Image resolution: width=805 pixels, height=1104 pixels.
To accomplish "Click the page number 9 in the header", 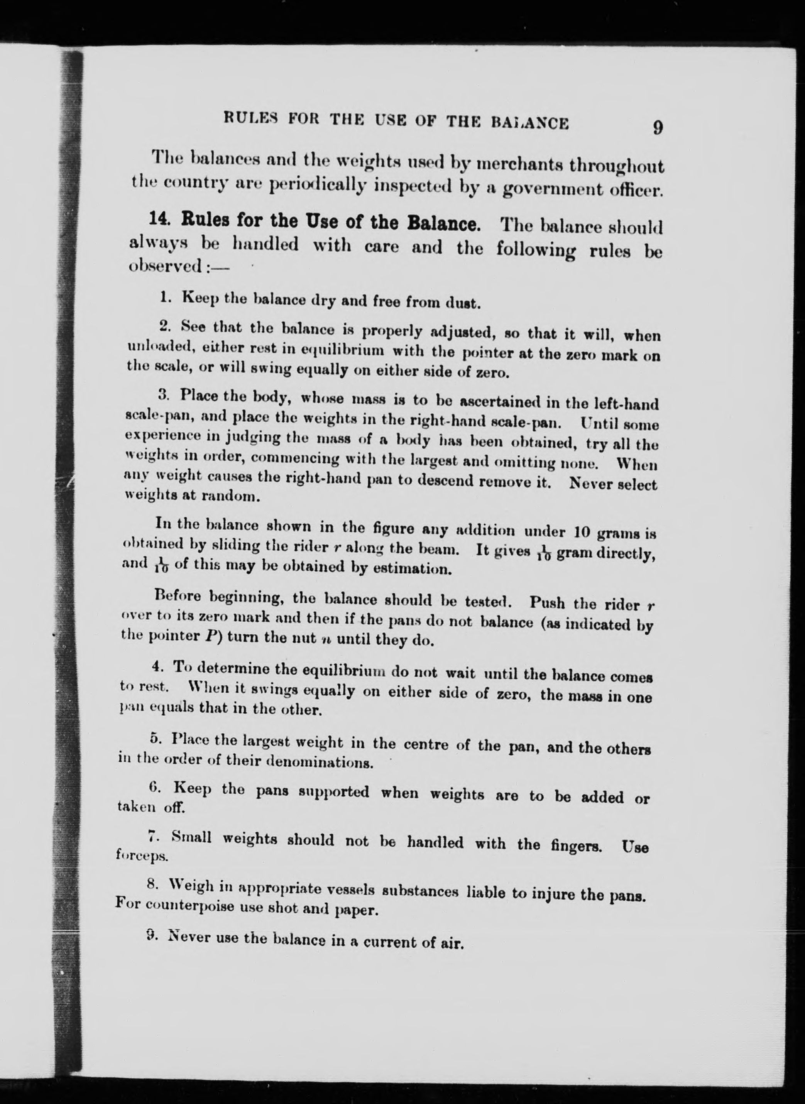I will pos(657,128).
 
